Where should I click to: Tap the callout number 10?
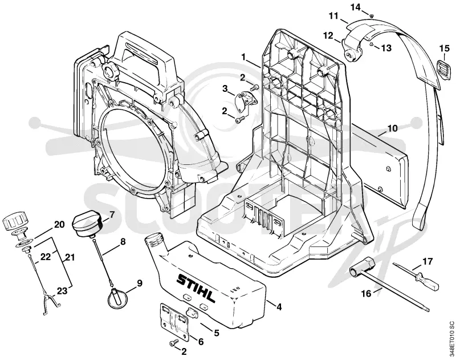tap(392, 128)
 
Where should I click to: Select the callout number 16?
tap(367, 293)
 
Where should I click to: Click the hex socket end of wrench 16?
tap(361, 266)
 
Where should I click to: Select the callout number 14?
tap(355, 7)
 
